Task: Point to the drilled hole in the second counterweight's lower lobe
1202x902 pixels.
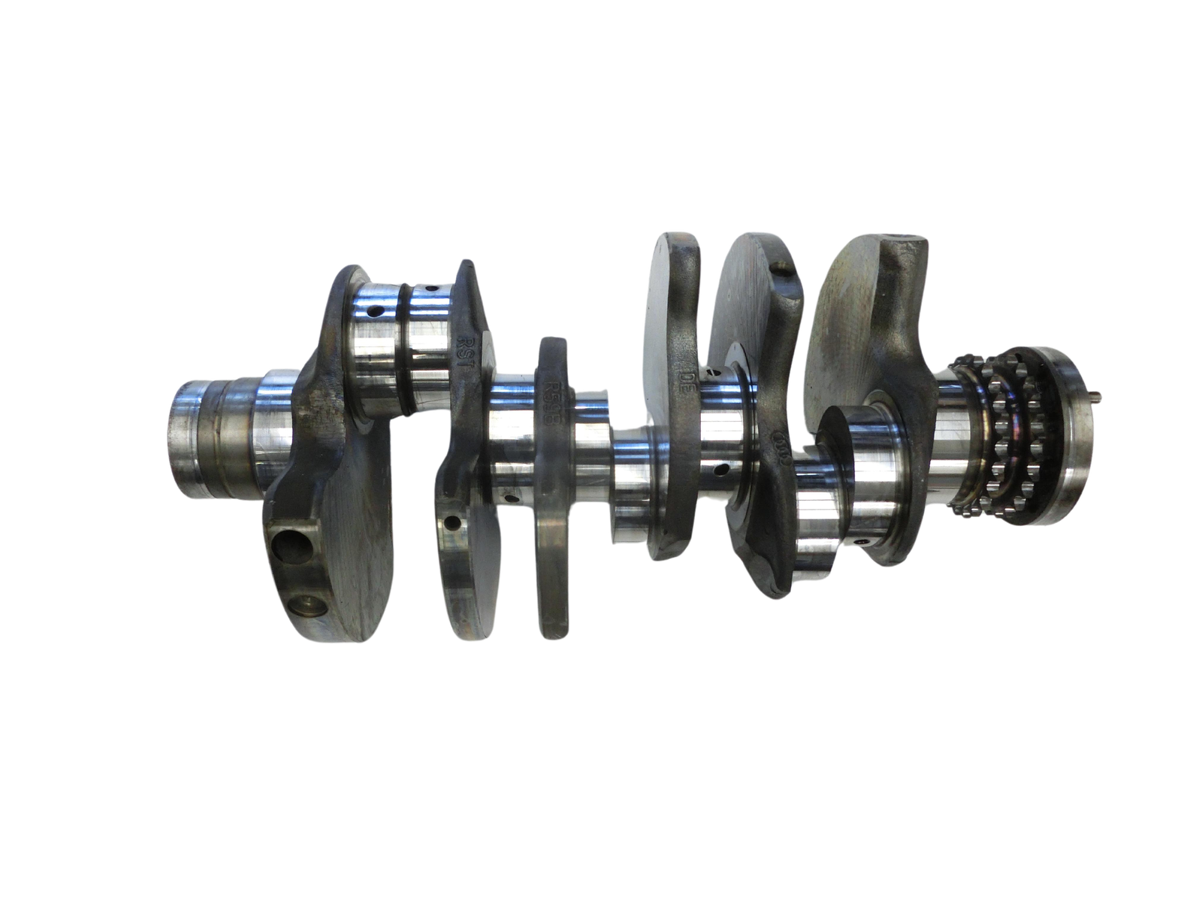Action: point(453,522)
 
